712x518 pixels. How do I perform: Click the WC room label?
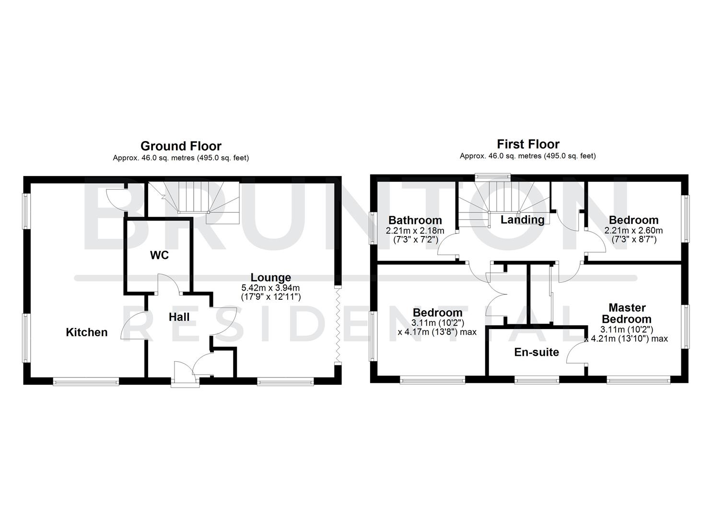coord(159,255)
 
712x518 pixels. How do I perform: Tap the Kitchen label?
coord(86,332)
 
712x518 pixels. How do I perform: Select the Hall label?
coord(179,317)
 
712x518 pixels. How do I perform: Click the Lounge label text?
coord(270,277)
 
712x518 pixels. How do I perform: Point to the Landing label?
coord(522,220)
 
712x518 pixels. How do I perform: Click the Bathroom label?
coord(415,220)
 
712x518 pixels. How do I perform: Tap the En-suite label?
coord(537,352)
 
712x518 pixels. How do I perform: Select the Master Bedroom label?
coord(627,313)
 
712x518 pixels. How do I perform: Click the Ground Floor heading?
coord(181,146)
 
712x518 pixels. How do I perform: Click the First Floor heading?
coord(528,144)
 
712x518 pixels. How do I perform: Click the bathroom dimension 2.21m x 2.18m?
coord(415,230)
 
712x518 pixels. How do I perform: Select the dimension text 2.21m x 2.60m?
coord(633,230)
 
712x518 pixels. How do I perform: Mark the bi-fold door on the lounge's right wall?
coord(338,326)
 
